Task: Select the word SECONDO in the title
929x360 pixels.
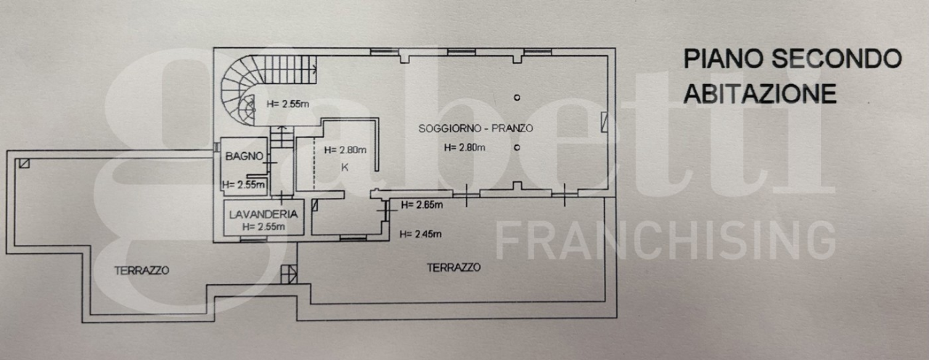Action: [x=835, y=59]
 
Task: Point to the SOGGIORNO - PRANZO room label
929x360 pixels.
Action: [x=476, y=128]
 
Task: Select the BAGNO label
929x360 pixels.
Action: [x=239, y=155]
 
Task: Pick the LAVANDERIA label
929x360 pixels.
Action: [x=263, y=214]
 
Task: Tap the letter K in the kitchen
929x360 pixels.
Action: [x=345, y=167]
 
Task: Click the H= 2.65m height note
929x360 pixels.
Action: [x=421, y=205]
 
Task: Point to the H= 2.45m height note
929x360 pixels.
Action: [x=421, y=233]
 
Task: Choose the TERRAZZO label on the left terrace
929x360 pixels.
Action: [x=142, y=270]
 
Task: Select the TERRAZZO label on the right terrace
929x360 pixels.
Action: [x=454, y=267]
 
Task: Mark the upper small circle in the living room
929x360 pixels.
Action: [x=517, y=97]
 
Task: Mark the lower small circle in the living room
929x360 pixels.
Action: [x=517, y=147]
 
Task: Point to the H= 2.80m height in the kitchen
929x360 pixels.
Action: [x=345, y=150]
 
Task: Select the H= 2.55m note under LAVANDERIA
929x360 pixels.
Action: [x=263, y=226]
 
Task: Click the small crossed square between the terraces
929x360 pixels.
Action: [x=288, y=274]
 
